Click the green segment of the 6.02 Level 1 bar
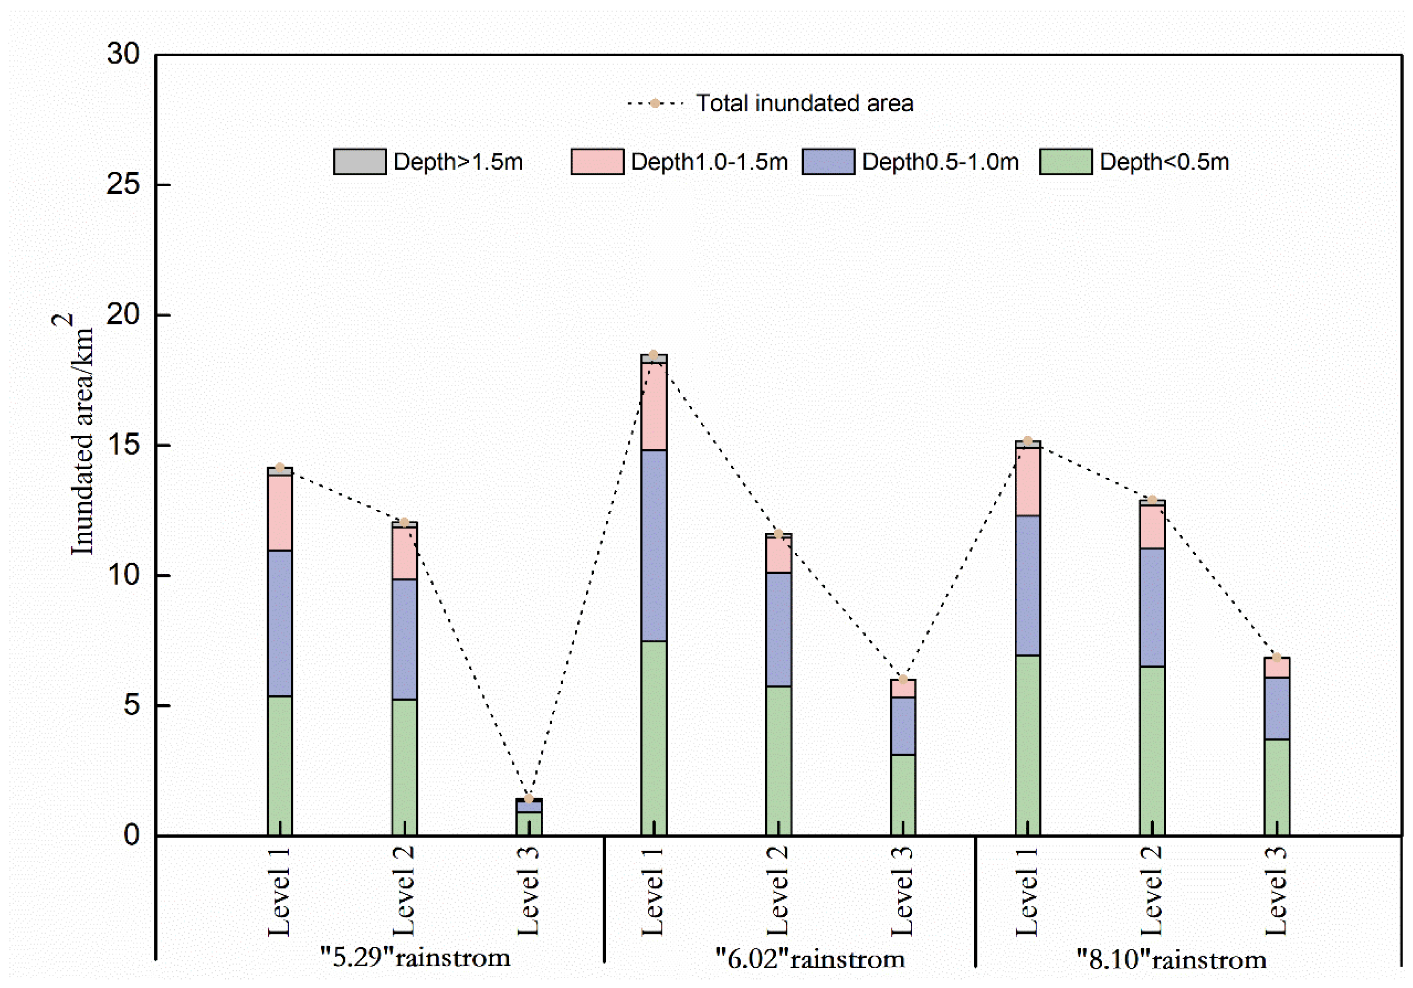(x=653, y=738)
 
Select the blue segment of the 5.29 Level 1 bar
(x=280, y=623)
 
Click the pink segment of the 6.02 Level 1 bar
(x=653, y=406)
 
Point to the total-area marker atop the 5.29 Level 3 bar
(x=529, y=798)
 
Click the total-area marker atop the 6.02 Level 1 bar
(x=653, y=355)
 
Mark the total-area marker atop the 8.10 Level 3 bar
(x=1277, y=658)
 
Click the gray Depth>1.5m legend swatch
(x=360, y=162)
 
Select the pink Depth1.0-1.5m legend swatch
(x=597, y=162)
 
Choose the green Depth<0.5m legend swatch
(x=1066, y=162)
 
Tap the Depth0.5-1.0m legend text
(x=940, y=162)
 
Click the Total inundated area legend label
(x=805, y=103)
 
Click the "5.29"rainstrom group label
(x=415, y=957)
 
